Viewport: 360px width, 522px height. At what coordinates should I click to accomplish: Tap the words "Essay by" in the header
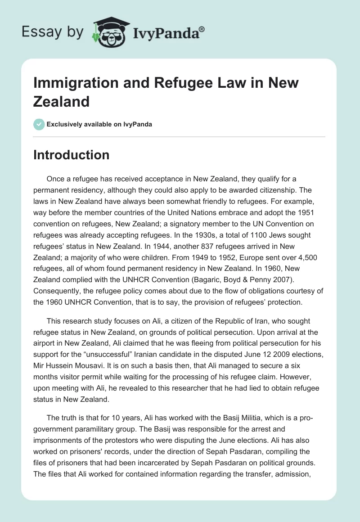52,32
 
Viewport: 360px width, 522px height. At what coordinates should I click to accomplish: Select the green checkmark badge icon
39,124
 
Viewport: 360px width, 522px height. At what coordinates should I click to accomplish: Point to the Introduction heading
71,155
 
